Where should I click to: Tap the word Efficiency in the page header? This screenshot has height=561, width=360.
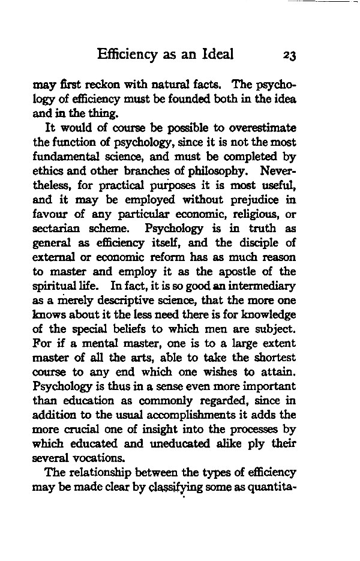[x=127, y=55]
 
